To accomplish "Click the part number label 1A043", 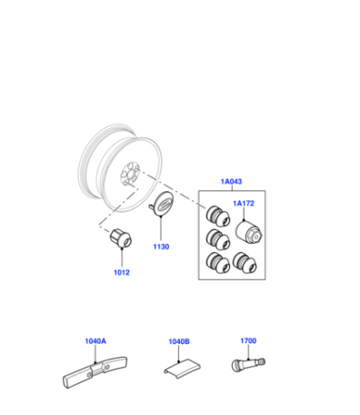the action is click(231, 181).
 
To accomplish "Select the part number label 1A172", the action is click(244, 203).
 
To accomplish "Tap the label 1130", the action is click(161, 247).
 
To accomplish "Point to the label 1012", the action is click(122, 272).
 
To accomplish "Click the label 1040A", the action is click(95, 341).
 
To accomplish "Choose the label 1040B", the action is click(179, 341).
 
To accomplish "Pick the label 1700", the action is click(248, 340).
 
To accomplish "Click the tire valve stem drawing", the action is click(248, 364).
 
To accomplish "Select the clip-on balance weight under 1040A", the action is click(95, 372).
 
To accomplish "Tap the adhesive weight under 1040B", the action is click(183, 368).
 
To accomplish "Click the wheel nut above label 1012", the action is click(121, 238).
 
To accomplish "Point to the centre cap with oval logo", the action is click(162, 205).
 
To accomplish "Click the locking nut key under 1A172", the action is click(249, 233).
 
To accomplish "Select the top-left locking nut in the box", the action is click(217, 216).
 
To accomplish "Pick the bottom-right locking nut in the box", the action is click(245, 263).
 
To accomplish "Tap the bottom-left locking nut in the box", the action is click(217, 263).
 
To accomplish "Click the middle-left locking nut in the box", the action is click(217, 239).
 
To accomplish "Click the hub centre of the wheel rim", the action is click(130, 174).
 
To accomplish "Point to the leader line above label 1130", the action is click(161, 228).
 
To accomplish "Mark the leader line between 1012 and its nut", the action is click(122, 258).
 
